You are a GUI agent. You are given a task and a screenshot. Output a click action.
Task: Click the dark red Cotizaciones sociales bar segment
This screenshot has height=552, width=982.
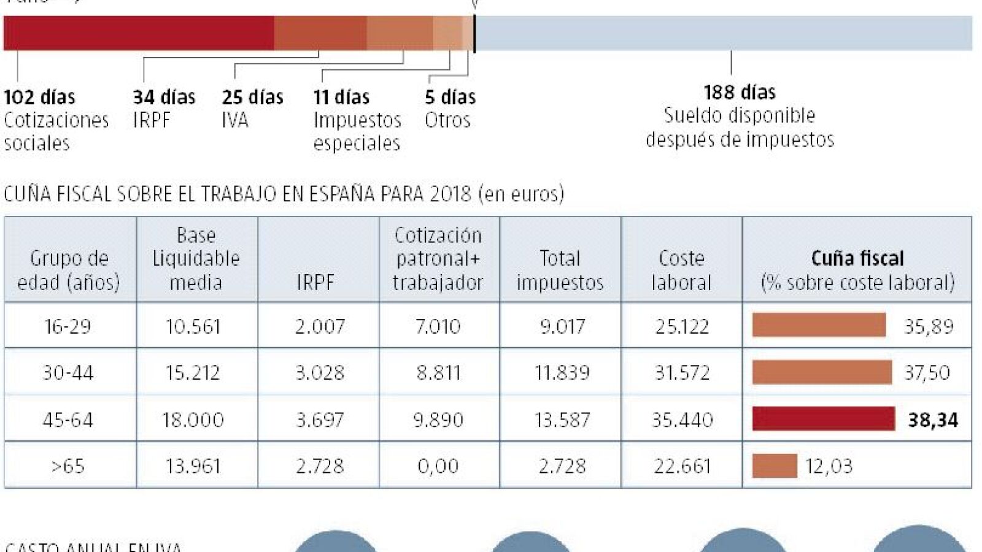139,33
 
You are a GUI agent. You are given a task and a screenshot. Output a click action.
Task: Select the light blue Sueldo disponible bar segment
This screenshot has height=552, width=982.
724,33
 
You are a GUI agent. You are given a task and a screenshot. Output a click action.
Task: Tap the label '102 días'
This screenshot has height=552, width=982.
39,97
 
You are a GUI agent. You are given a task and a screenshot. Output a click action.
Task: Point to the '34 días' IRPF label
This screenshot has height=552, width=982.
164,97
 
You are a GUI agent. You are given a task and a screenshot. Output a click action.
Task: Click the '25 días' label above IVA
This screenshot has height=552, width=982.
252,97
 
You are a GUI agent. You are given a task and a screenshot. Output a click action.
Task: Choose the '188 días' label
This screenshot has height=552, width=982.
739,93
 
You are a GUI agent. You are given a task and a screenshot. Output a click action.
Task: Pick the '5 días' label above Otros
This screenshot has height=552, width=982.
450,97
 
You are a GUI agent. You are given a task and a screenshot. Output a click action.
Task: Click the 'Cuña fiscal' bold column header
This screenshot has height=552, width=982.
857,258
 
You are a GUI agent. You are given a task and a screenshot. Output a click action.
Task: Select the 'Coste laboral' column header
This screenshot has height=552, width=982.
681,270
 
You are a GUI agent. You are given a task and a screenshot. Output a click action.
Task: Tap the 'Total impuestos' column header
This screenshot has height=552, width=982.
560,270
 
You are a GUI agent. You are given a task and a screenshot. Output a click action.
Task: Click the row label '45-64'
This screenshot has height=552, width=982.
68,420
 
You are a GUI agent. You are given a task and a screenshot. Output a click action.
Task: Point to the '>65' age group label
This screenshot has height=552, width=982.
68,466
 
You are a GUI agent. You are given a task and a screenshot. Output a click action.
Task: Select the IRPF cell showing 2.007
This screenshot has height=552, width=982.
319,326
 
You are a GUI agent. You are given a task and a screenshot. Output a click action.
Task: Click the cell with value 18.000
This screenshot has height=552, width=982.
193,420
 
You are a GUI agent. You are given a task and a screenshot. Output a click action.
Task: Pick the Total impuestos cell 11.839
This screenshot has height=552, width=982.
562,373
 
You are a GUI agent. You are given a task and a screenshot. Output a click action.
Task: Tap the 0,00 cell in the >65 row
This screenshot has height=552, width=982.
438,466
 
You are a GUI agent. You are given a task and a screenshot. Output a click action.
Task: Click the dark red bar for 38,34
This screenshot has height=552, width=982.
823,419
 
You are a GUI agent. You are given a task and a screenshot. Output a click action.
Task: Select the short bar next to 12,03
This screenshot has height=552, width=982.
775,466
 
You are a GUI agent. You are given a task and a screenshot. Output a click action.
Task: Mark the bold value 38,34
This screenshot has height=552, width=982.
932,420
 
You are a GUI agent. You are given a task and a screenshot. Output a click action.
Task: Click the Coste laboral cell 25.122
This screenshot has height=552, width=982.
682,326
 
